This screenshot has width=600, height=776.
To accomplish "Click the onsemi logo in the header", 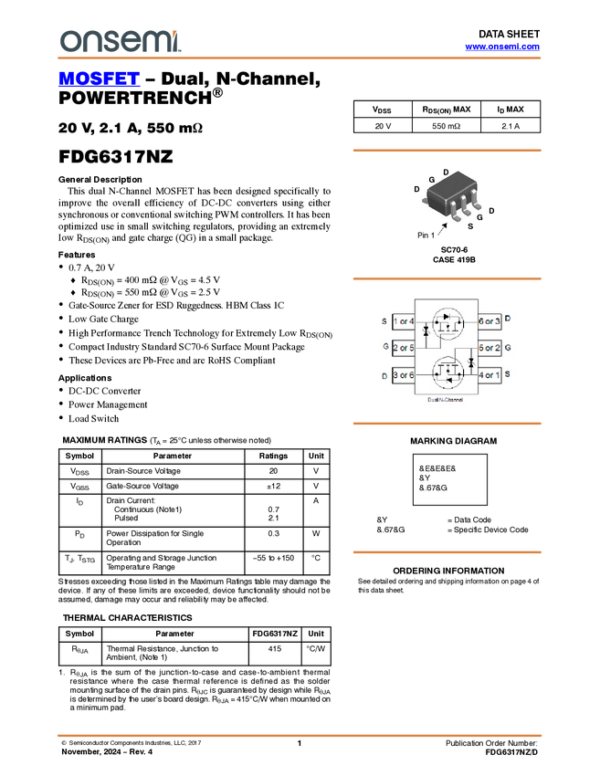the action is [x=120, y=41].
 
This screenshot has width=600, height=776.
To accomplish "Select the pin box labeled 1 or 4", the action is [x=404, y=321].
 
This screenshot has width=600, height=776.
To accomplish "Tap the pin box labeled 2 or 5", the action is [x=404, y=348].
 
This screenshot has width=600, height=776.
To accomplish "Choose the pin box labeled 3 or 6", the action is [x=404, y=375].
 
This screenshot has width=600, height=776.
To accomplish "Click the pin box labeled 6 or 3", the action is [x=489, y=321].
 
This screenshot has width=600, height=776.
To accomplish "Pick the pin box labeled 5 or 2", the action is [x=489, y=348].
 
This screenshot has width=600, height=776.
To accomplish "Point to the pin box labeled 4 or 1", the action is [x=489, y=375].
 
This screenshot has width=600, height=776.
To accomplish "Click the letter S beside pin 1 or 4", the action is [x=384, y=321].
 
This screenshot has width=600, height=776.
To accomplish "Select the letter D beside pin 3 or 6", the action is [x=384, y=375].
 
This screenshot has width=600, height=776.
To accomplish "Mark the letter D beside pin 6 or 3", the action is [x=508, y=319].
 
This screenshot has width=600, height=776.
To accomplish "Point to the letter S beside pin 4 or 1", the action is [x=508, y=374].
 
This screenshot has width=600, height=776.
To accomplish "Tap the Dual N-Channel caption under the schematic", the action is [x=446, y=400].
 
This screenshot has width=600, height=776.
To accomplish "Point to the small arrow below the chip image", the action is [x=443, y=231].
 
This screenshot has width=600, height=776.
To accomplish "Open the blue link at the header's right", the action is [x=501, y=47].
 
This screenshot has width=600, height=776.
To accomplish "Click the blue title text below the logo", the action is [x=99, y=79].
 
